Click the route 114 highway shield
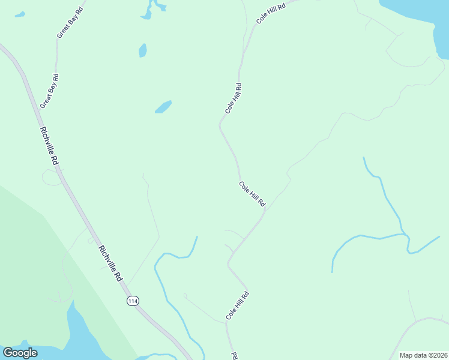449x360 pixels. (x=133, y=301)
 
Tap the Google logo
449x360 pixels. (x=20, y=353)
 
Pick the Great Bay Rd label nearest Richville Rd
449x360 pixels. (x=49, y=91)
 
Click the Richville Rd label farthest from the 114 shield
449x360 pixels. (x=49, y=146)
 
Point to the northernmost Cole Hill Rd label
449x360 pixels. (x=271, y=11)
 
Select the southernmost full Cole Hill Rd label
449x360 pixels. (x=237, y=305)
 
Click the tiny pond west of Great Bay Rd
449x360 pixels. (x=20, y=14)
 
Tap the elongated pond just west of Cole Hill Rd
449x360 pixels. (x=163, y=107)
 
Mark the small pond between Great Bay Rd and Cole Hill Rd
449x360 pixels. (x=142, y=50)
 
